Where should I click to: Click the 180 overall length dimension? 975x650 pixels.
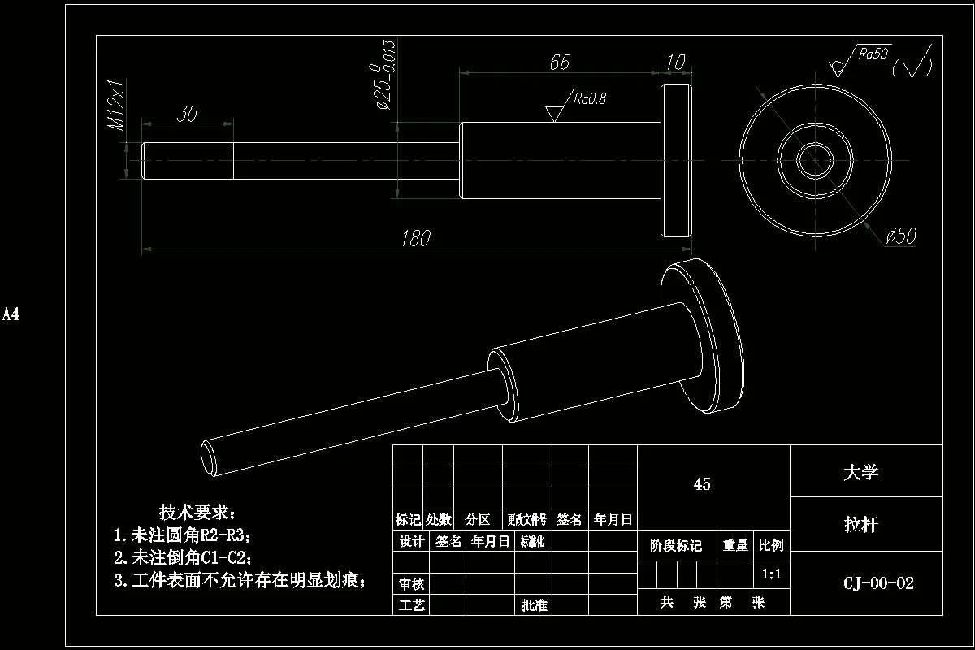click(x=415, y=238)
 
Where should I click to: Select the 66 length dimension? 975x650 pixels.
click(x=560, y=63)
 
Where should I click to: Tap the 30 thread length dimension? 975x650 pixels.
click(x=187, y=114)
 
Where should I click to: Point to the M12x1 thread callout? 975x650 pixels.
click(x=116, y=105)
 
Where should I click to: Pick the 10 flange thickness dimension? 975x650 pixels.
click(x=675, y=63)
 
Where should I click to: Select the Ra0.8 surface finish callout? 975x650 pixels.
click(x=591, y=99)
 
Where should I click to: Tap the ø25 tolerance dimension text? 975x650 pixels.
click(x=383, y=75)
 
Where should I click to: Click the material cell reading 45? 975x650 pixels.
click(x=702, y=484)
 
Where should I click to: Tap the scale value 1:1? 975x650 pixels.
click(x=772, y=574)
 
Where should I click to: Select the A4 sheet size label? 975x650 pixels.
click(x=11, y=314)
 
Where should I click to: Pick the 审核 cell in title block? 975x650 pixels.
click(x=411, y=584)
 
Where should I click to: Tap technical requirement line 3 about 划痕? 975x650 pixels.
click(x=240, y=580)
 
